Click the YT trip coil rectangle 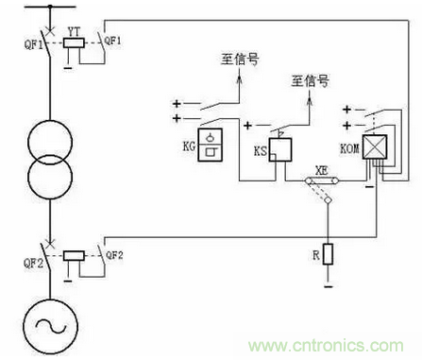point(74,43)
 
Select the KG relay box point(210,145)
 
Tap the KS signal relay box point(280,150)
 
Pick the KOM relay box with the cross point(375,146)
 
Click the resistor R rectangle point(328,254)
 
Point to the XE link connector point(322,180)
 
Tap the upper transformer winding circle point(50,142)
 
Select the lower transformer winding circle point(50,177)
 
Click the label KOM point(349,148)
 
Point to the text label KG point(189,146)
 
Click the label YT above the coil point(75,31)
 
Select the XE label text point(322,171)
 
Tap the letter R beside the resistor point(316,255)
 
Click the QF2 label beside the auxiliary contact point(114,255)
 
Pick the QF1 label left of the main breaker point(33,44)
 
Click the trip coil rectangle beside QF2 point(74,256)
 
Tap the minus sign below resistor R point(328,286)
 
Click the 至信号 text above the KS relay point(311,81)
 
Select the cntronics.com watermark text point(326,346)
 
